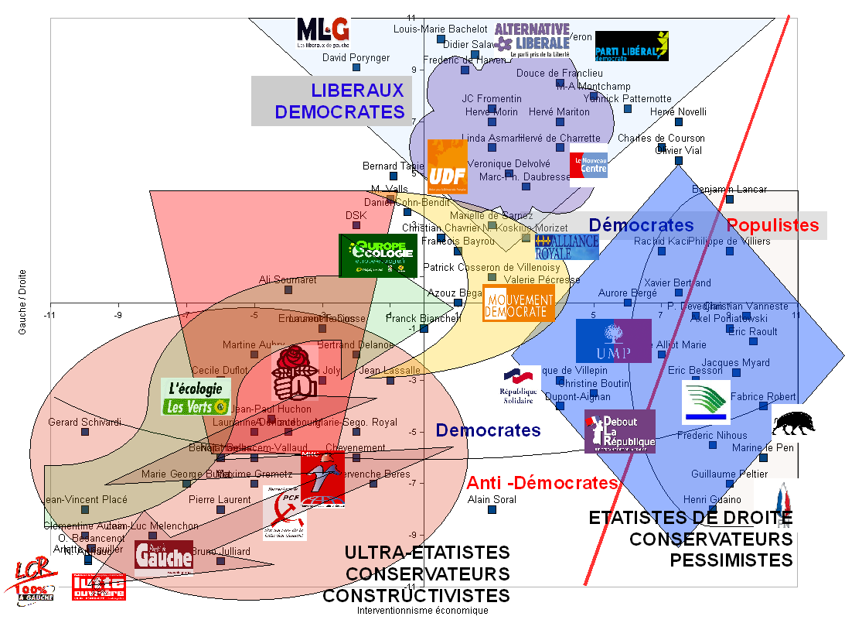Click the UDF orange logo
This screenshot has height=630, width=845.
click(x=447, y=166)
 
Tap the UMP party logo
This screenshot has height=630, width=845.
click(x=613, y=341)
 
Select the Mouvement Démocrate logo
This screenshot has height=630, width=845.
click(x=519, y=303)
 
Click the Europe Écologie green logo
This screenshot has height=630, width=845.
click(x=379, y=255)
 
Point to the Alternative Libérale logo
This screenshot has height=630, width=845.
click(x=532, y=40)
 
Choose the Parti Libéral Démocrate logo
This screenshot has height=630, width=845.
click(x=631, y=46)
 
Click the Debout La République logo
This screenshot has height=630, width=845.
click(x=620, y=431)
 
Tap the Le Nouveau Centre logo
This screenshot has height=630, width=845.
click(x=588, y=166)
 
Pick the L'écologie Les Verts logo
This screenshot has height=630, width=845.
click(x=196, y=396)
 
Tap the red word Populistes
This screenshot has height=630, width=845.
click(x=772, y=225)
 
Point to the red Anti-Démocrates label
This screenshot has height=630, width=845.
click(x=542, y=484)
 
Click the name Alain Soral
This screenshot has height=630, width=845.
click(x=492, y=500)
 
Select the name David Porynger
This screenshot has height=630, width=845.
click(x=356, y=58)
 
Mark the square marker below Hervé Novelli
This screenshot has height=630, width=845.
click(x=679, y=122)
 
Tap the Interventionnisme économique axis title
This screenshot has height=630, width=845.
click(x=422, y=611)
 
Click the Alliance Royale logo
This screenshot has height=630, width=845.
click(x=567, y=246)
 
